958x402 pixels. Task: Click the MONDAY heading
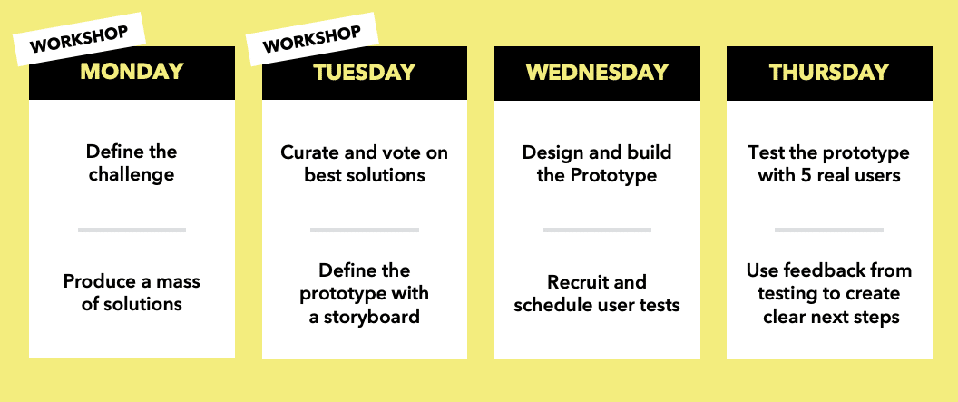(132, 72)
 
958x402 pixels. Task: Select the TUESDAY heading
(365, 73)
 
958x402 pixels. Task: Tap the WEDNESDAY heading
(597, 73)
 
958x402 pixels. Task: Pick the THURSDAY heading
(829, 73)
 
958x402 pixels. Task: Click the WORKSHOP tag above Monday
(80, 38)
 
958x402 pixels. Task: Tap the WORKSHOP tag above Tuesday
(312, 38)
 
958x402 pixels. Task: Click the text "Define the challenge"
(132, 162)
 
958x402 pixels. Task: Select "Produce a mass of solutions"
(132, 292)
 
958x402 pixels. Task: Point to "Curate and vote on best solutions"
(364, 163)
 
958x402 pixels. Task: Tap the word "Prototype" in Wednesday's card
(613, 175)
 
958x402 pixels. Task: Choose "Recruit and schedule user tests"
(597, 293)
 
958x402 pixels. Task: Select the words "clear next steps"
(832, 317)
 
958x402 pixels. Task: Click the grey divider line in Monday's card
(132, 230)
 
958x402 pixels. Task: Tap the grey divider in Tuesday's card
(365, 230)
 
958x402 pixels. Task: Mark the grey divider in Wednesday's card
(597, 230)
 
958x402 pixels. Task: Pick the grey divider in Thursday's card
(829, 230)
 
